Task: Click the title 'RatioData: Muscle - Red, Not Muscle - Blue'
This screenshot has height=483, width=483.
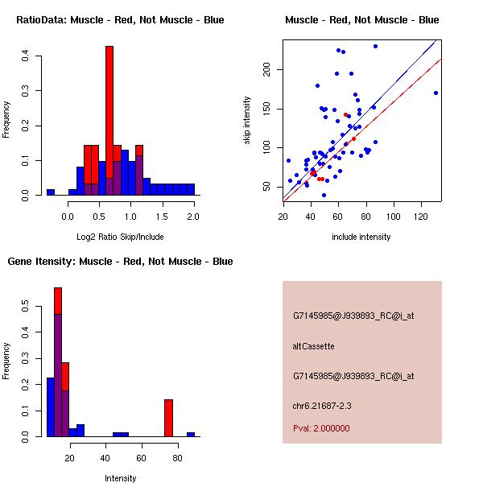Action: coord(120,20)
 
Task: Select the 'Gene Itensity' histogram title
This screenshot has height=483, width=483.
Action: coord(120,262)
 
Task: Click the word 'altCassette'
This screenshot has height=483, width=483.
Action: coord(313,346)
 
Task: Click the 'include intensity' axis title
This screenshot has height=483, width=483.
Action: coord(361,237)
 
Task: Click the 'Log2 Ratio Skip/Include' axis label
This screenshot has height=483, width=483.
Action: coord(120,237)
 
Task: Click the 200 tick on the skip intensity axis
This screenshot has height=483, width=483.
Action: coord(267,70)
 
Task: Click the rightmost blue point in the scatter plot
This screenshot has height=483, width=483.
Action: coord(436,93)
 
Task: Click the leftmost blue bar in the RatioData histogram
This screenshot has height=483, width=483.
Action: coord(51,192)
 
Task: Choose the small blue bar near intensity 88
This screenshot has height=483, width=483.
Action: coord(191,434)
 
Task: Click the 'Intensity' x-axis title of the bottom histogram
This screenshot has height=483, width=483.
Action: coord(120,478)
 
